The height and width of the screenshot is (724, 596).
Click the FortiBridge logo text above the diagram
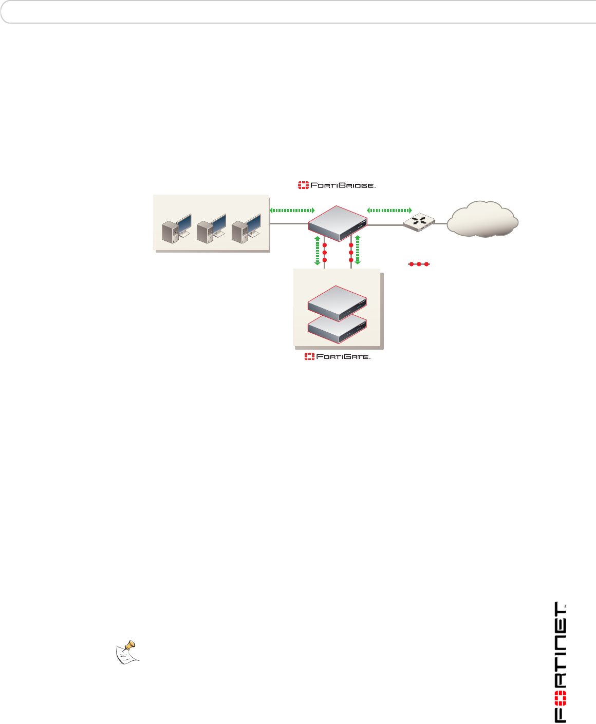coord(337,185)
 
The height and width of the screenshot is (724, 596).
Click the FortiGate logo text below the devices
coord(337,356)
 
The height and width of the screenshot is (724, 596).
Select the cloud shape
coord(482,219)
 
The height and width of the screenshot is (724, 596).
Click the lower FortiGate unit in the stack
coord(337,331)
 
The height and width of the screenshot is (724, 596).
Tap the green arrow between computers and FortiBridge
coord(292,211)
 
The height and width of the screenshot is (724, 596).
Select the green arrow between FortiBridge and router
coord(389,210)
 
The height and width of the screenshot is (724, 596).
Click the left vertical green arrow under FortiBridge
coord(318,250)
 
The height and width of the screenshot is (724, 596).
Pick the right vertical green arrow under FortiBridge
coord(358,250)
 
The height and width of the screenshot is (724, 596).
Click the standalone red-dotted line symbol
coord(419,264)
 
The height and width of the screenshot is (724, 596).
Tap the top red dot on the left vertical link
coord(324,245)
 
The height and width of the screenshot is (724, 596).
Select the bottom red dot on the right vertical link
coord(351,260)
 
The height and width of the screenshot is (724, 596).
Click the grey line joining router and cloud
coord(441,223)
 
